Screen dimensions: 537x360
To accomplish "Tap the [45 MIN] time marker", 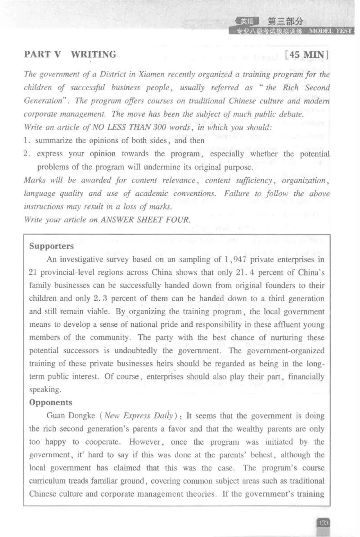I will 308,56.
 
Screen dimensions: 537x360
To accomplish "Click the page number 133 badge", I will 323,523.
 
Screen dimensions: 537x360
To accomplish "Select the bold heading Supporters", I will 51,246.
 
